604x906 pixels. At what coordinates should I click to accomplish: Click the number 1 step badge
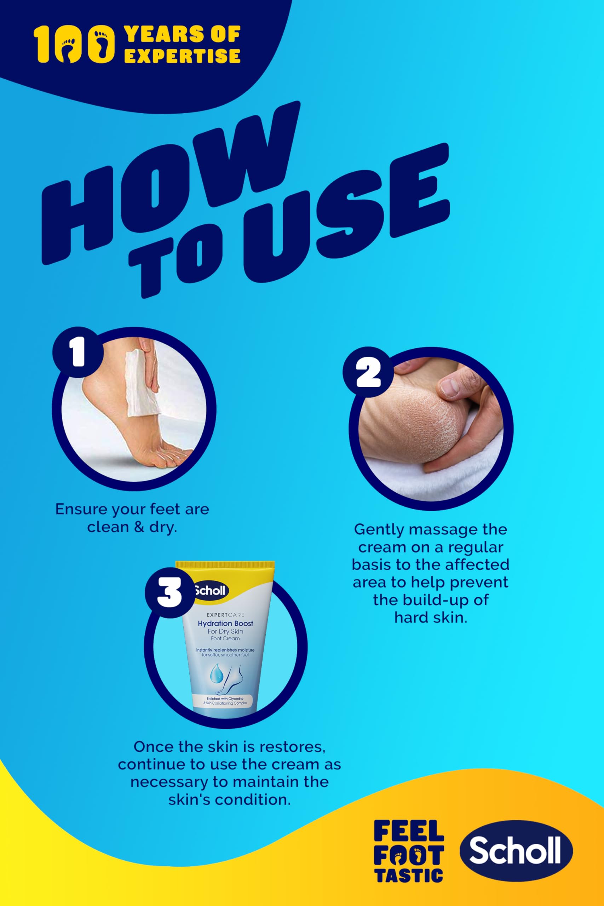[77, 352]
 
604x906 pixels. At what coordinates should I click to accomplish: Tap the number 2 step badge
[368, 372]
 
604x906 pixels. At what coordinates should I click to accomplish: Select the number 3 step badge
[170, 593]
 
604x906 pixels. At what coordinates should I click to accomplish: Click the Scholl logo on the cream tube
[209, 590]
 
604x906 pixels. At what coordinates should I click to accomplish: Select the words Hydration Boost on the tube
[225, 623]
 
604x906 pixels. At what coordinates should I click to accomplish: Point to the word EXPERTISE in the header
[182, 56]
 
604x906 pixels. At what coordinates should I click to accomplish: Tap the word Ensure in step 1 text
[81, 509]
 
